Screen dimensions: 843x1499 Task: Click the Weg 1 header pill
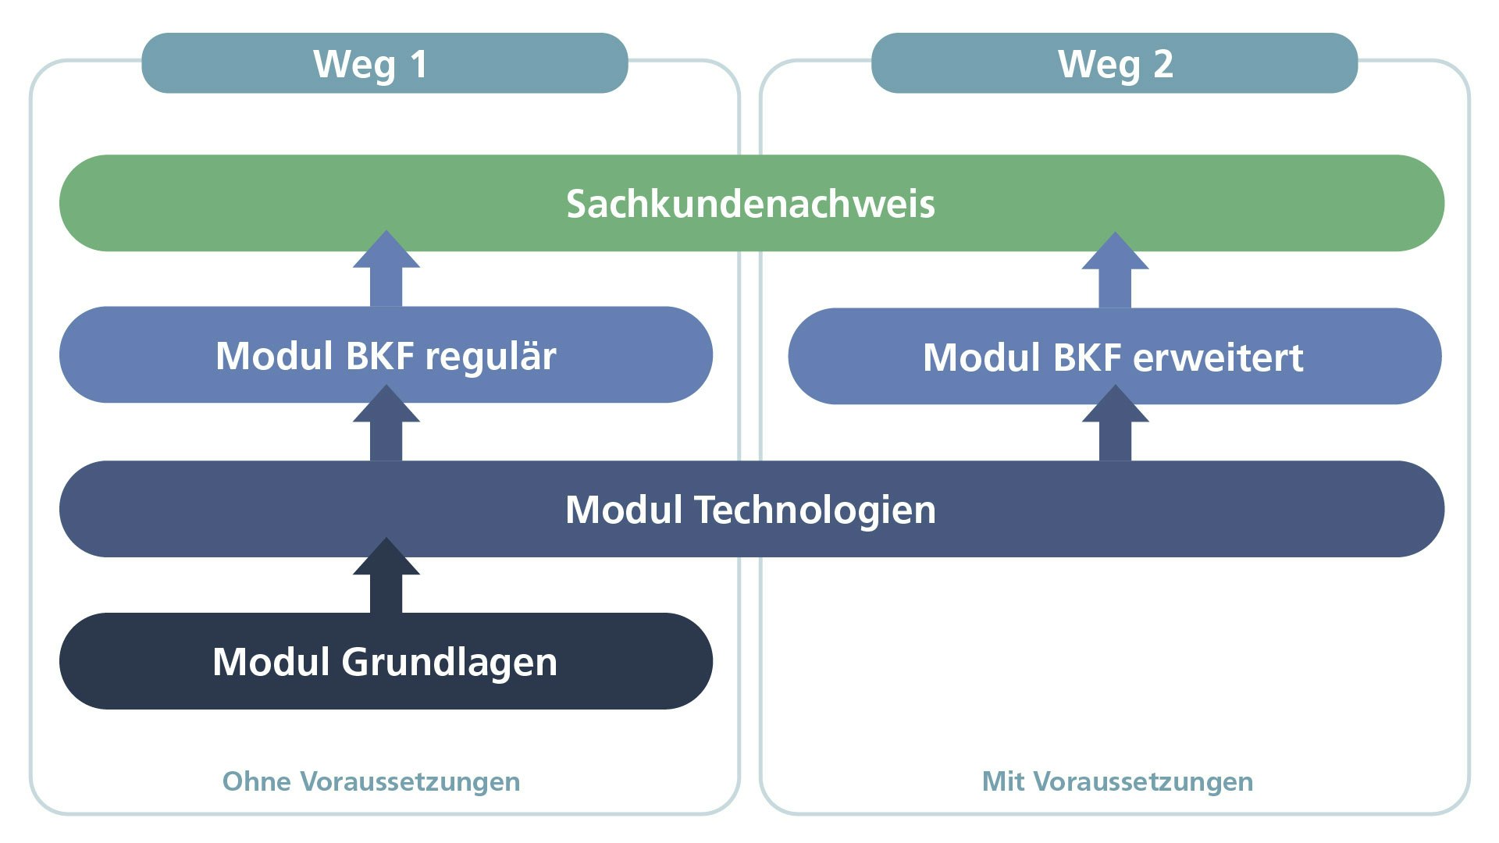(384, 63)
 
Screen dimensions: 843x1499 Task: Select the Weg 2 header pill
(1114, 63)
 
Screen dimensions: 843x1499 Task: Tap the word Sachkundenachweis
(750, 204)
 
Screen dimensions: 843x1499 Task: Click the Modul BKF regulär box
(386, 355)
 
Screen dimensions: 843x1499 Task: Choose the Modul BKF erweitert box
(1114, 357)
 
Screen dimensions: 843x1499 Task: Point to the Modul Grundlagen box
(386, 661)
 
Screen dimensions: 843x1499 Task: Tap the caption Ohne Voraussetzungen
(371, 781)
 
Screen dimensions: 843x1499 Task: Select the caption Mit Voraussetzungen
(1117, 781)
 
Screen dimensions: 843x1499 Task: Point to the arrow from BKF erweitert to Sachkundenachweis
(1115, 271)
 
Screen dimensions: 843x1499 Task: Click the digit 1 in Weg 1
(419, 64)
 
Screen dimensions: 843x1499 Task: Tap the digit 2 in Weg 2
(1163, 64)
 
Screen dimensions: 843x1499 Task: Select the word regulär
(490, 357)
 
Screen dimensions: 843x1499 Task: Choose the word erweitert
(1218, 358)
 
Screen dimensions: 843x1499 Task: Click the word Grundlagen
(449, 663)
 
